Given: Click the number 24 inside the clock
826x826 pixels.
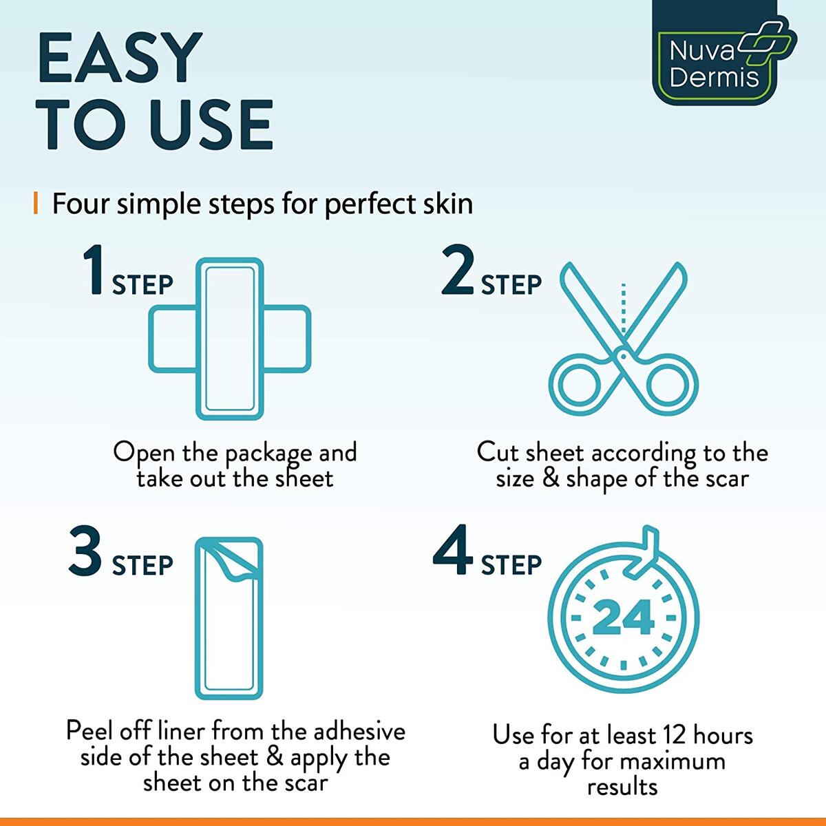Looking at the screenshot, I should click(x=623, y=617).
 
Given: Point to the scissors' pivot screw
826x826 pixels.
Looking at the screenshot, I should click(x=624, y=354).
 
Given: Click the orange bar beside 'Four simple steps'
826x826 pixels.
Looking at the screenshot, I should click(x=35, y=204).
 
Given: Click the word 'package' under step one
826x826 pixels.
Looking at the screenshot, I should click(x=268, y=454).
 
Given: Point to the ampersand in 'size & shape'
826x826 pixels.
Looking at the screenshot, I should click(x=551, y=478).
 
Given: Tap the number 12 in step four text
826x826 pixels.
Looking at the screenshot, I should click(x=675, y=735).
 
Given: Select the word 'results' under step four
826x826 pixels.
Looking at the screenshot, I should click(x=622, y=786).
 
